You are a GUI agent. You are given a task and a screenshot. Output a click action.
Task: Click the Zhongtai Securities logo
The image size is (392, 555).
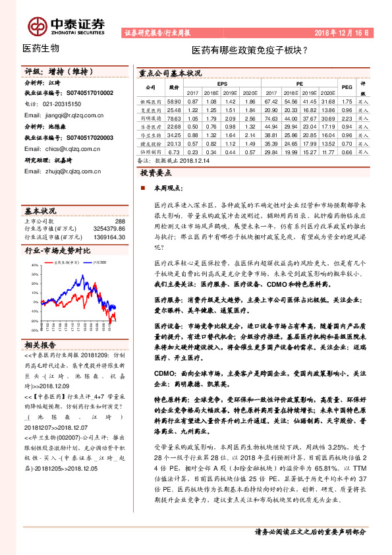67,24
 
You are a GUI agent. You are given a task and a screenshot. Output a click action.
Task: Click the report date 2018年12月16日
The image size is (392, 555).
341,32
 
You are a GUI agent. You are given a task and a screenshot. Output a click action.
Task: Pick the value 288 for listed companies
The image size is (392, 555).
120,222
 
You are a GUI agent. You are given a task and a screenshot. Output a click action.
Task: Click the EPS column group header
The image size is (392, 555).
222,84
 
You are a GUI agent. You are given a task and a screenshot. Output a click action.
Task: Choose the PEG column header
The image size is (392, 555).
347,88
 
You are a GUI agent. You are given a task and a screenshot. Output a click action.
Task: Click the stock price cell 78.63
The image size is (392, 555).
174,117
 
